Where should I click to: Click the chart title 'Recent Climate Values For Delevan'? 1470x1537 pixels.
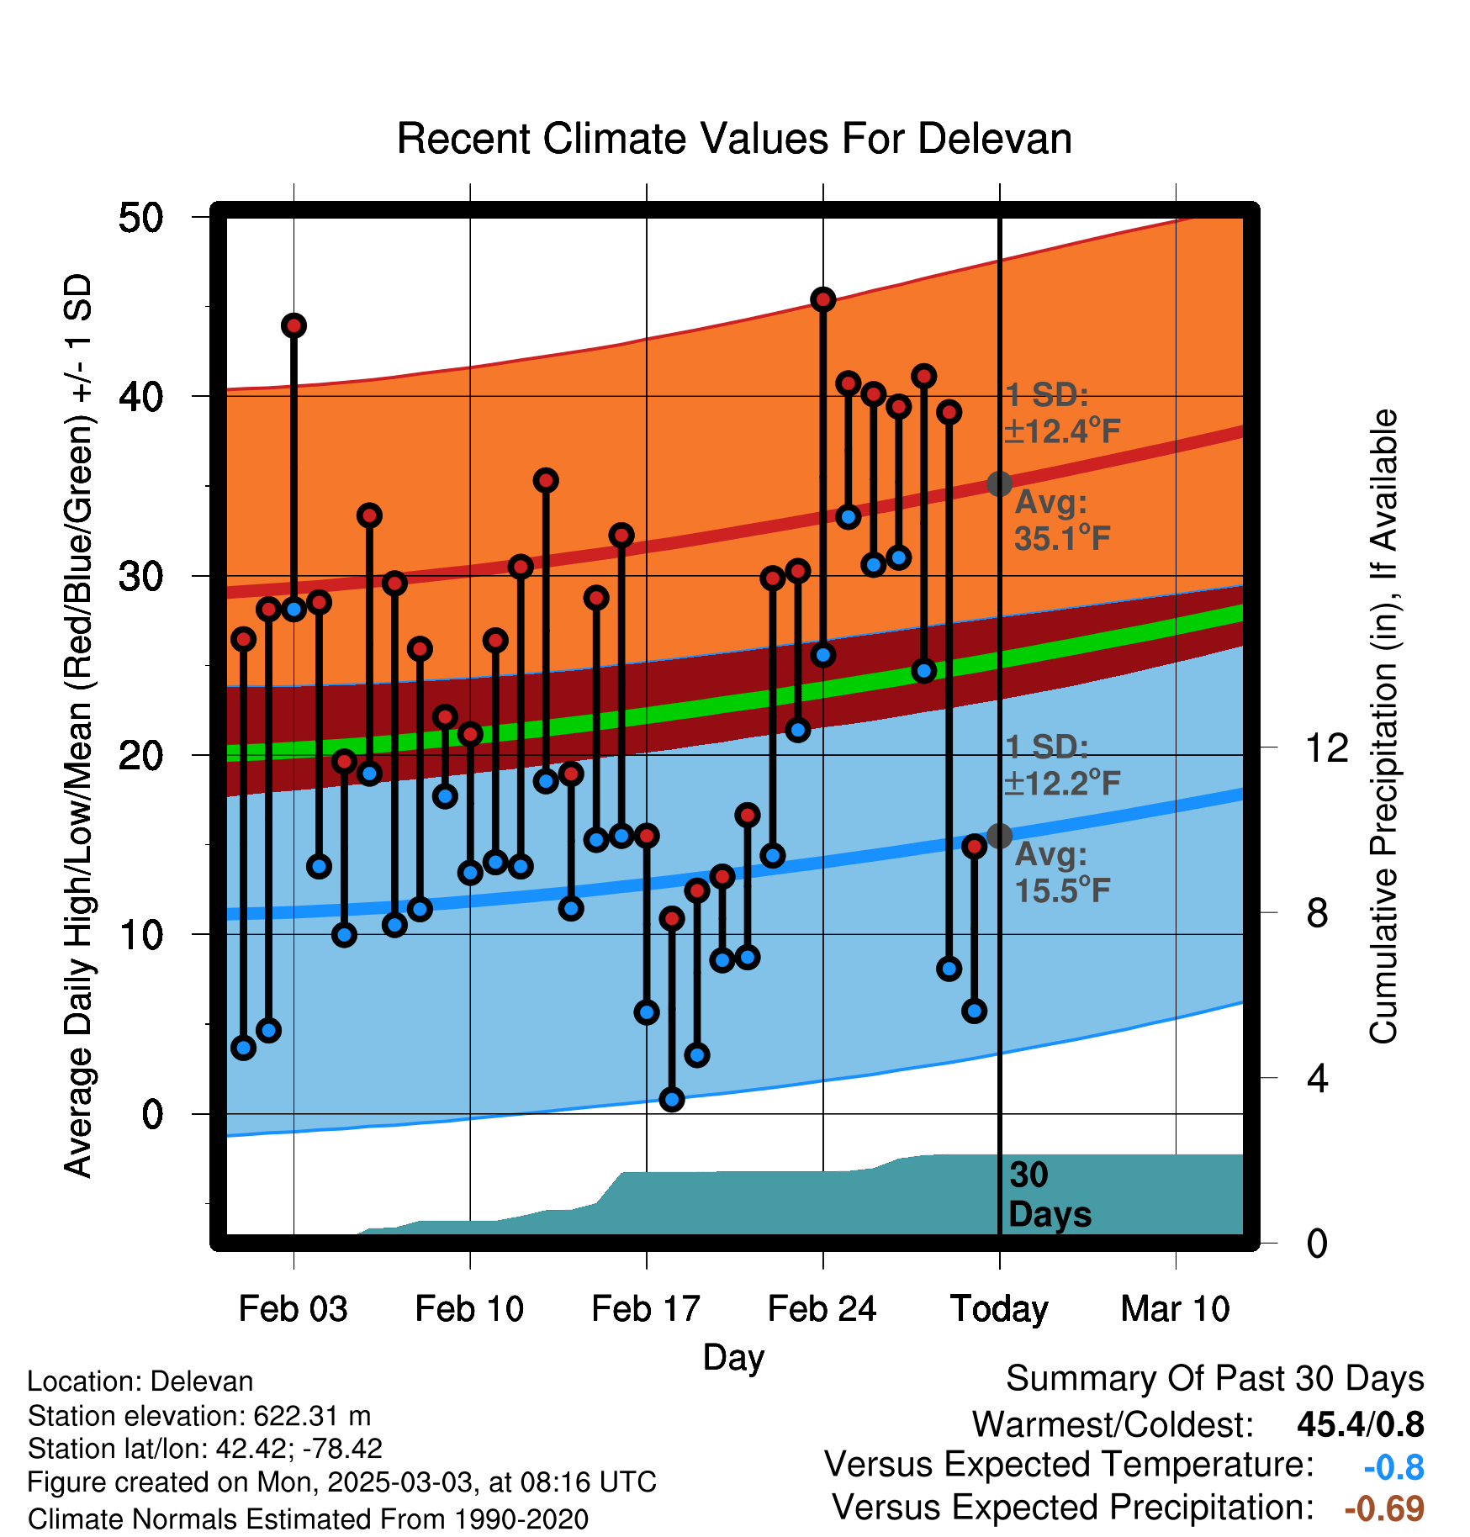(734, 139)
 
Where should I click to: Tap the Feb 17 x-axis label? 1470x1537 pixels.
(646, 1309)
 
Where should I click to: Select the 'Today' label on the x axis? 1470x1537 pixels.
(999, 1309)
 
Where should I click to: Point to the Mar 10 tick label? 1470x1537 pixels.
(1176, 1309)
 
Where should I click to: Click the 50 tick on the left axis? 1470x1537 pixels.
(140, 218)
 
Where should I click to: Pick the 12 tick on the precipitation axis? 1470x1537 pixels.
(1327, 747)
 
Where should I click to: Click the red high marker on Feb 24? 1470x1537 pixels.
(822, 299)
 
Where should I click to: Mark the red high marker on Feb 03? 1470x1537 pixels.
(293, 325)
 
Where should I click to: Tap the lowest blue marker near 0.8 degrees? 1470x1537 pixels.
(671, 1099)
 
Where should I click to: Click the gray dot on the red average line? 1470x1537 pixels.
(999, 483)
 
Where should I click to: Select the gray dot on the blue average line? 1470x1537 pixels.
(999, 836)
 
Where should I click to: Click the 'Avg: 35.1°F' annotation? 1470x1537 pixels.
(1062, 520)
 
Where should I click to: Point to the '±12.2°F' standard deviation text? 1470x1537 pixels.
(1062, 784)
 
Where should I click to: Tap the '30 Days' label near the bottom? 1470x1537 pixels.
(1050, 1195)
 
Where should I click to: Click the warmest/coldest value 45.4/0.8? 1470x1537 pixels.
(1361, 1424)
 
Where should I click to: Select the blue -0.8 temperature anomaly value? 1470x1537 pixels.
(1394, 1467)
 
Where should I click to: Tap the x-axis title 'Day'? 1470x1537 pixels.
(734, 1358)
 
